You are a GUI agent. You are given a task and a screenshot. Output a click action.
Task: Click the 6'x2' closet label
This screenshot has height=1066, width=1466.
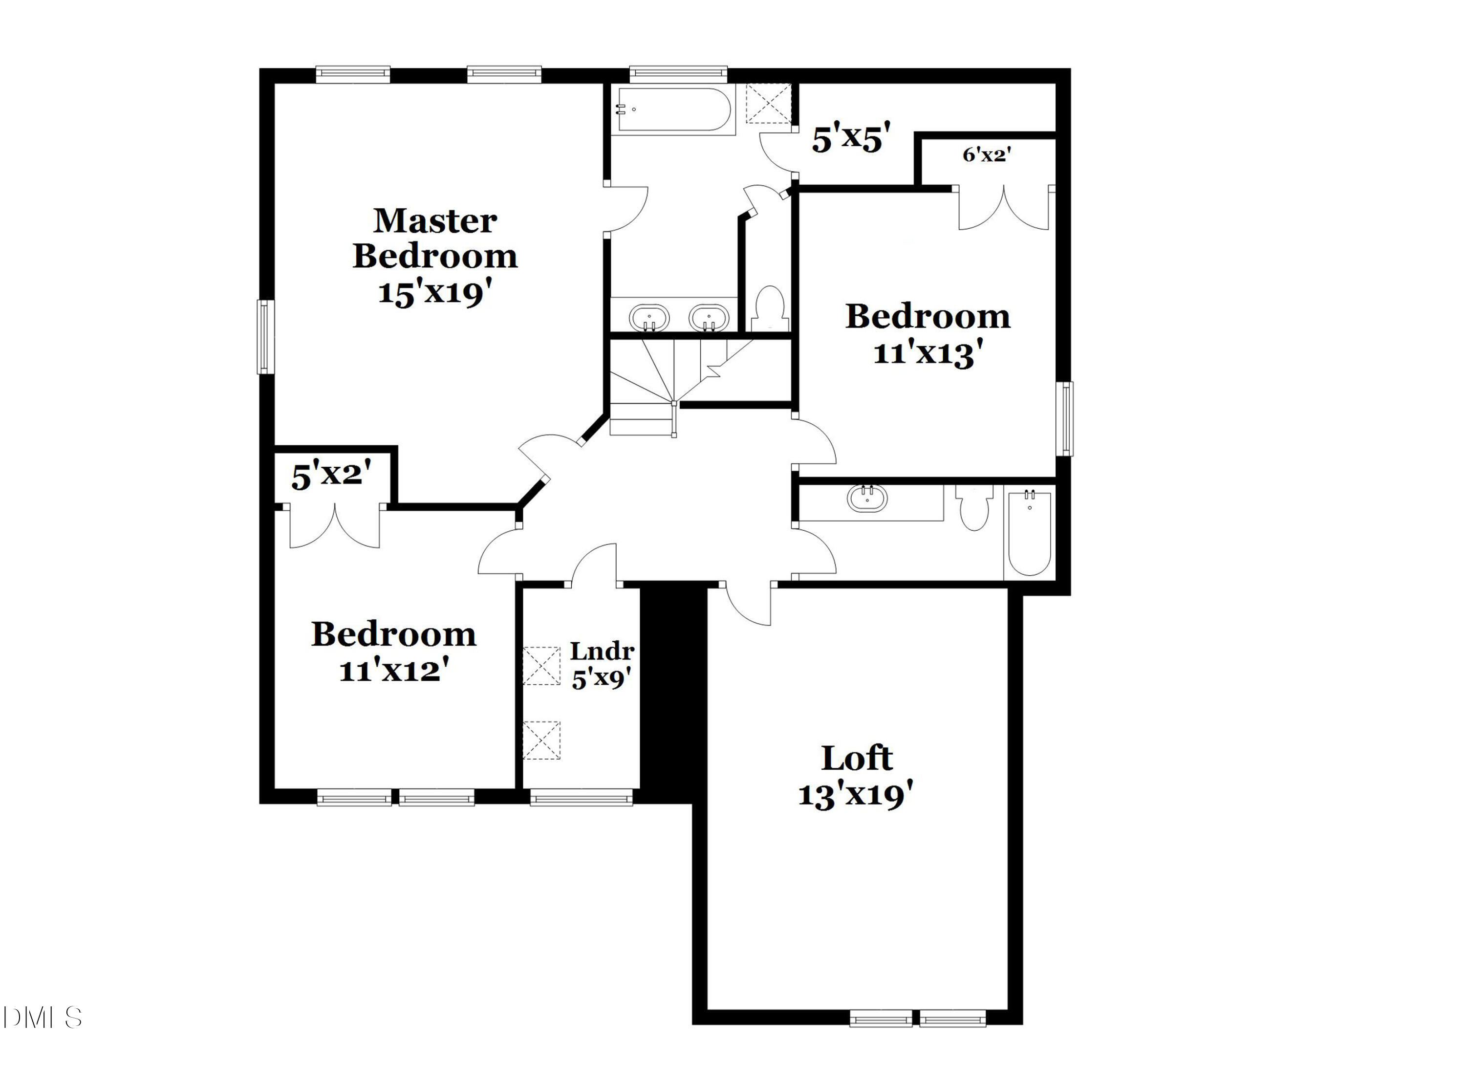click(x=987, y=154)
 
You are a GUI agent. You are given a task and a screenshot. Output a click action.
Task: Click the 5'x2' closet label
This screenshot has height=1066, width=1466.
click(x=331, y=475)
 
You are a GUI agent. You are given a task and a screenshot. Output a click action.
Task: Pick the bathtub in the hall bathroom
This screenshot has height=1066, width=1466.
click(x=1030, y=532)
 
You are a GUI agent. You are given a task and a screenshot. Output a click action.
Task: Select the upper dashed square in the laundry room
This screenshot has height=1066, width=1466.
click(x=541, y=665)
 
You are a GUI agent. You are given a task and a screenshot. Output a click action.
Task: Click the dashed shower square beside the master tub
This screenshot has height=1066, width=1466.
click(x=769, y=104)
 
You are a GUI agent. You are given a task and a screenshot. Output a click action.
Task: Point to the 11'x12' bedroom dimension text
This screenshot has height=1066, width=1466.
click(x=394, y=671)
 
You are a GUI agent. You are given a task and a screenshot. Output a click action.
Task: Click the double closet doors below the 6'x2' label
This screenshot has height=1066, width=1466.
click(x=1003, y=208)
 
